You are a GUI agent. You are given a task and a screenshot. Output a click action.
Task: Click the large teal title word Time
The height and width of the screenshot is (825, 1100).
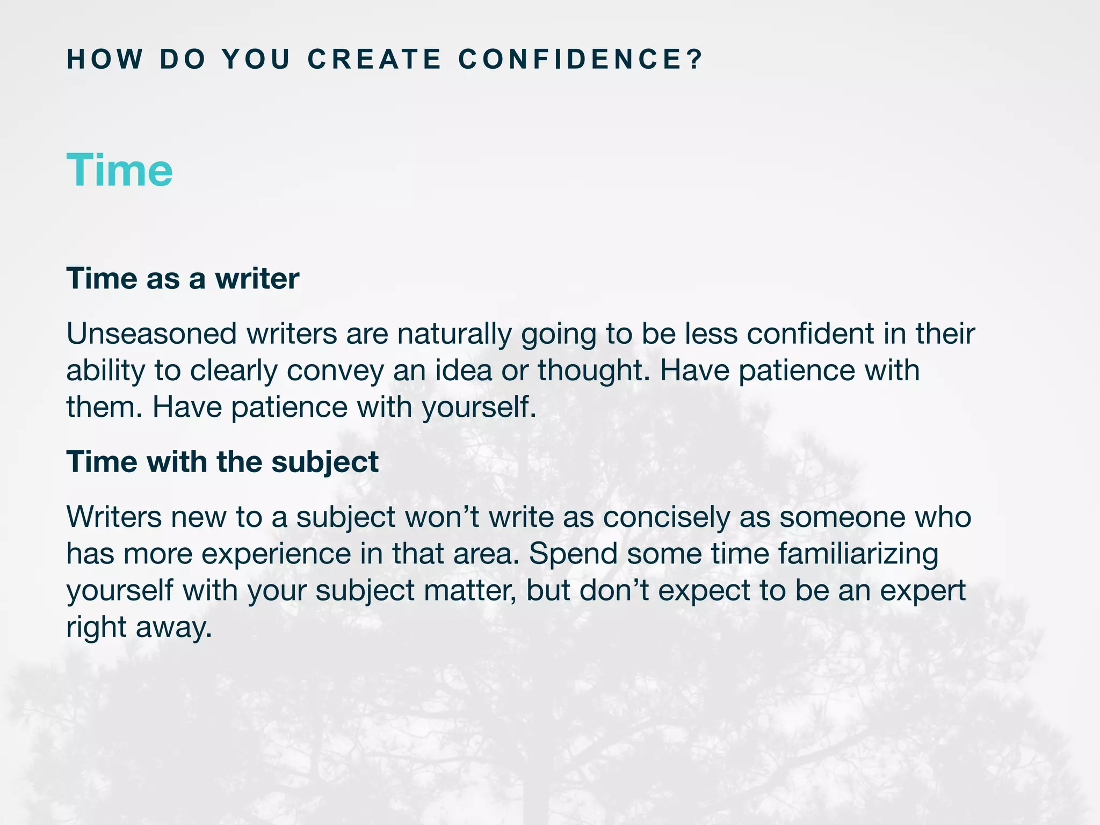click(119, 170)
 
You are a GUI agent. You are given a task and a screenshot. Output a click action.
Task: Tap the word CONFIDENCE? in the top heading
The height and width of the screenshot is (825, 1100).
click(580, 59)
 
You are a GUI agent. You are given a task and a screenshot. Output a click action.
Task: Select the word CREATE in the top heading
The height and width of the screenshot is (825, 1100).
click(374, 59)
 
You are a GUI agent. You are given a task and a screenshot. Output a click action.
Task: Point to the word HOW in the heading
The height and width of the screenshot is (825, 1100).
click(105, 59)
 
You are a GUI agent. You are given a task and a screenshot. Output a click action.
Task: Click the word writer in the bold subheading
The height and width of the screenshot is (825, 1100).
click(257, 279)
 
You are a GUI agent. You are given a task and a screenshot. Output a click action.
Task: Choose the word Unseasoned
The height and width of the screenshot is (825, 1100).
click(151, 334)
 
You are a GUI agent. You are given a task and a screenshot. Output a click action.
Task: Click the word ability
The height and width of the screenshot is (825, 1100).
click(105, 371)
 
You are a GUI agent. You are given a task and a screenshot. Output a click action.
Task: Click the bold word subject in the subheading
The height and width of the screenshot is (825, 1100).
click(324, 462)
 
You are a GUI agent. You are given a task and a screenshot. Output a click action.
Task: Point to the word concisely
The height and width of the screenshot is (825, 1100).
click(665, 517)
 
